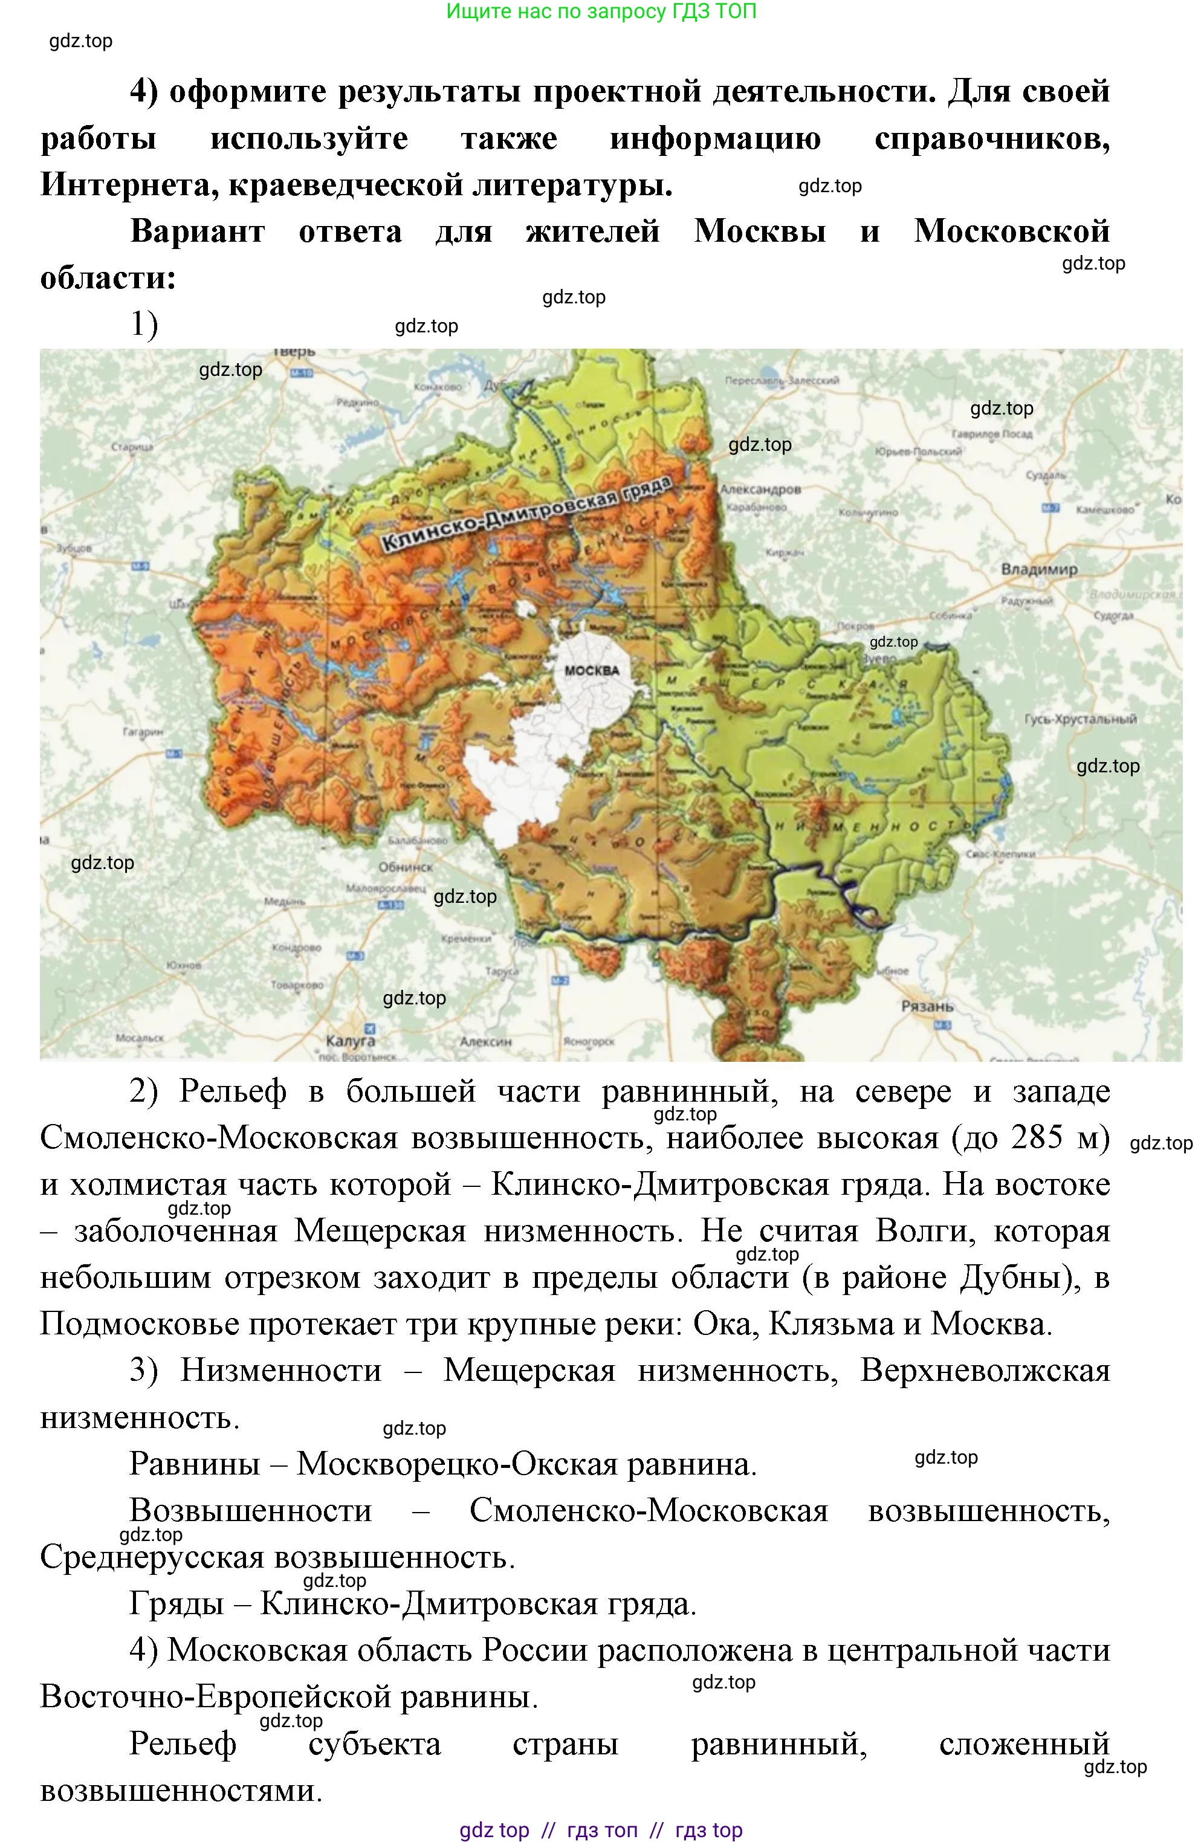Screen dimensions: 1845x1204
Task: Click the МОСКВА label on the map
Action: point(592,671)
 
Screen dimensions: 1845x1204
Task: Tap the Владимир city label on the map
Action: point(1039,569)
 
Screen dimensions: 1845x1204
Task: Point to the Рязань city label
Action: point(927,1006)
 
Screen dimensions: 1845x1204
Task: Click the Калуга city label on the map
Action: point(351,1041)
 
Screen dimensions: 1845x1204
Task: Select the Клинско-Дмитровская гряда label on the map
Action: point(527,513)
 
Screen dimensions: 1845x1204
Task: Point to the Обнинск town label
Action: point(406,867)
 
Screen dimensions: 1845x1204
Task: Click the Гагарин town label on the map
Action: point(142,731)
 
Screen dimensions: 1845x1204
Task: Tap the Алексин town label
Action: point(485,1041)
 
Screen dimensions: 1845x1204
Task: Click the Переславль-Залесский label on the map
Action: point(782,381)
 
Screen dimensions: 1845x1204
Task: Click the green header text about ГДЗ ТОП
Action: point(601,11)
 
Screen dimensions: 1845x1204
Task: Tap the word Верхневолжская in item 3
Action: point(985,1370)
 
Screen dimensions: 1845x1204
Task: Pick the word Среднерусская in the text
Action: point(152,1557)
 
